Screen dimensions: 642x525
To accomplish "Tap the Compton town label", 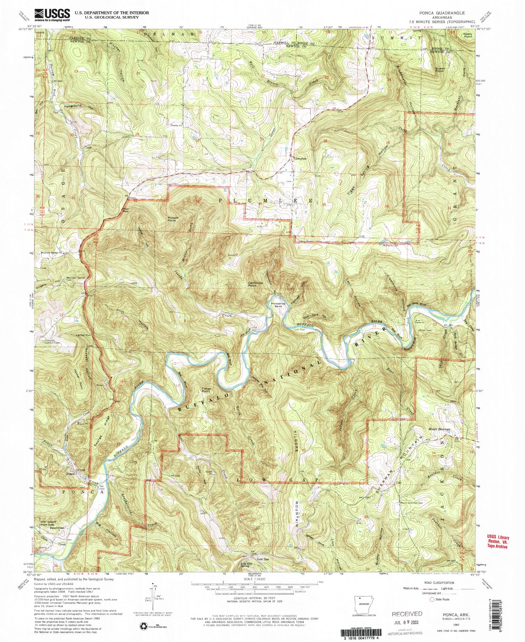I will tap(300, 158).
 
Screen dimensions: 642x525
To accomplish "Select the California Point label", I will tap(257, 284).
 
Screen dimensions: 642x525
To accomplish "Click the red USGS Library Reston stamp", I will tap(497, 542).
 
